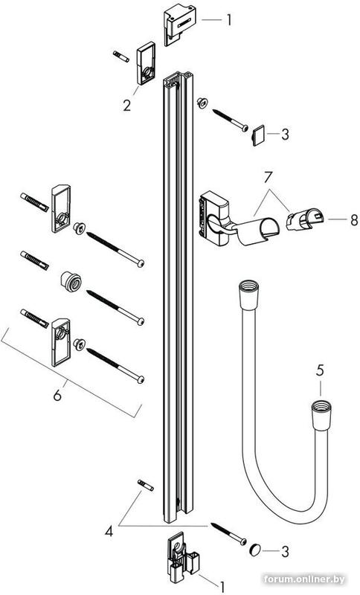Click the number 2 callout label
[127, 106]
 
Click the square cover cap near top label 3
[258, 135]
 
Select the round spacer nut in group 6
[69, 281]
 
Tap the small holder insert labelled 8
[303, 220]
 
